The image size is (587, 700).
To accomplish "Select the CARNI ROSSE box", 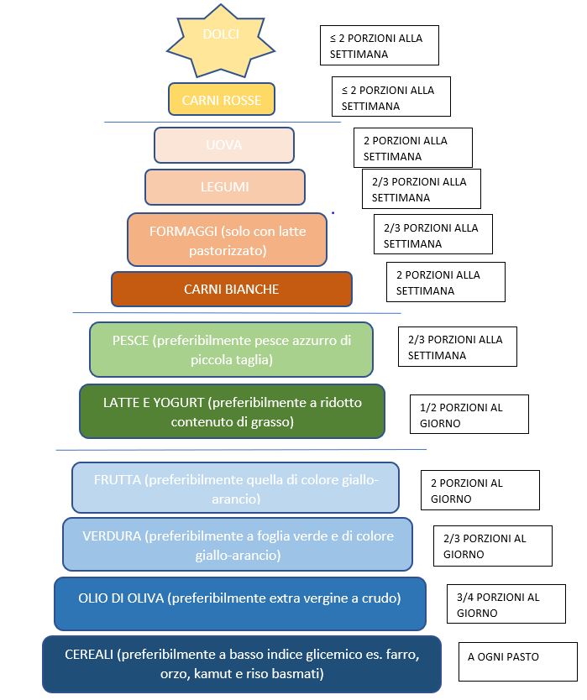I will point(222,100).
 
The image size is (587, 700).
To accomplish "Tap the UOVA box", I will point(224,145).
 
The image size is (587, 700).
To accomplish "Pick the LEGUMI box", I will point(224,187).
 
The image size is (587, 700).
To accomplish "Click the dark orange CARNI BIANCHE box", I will point(231,290).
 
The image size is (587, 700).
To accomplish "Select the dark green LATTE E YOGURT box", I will point(232,412).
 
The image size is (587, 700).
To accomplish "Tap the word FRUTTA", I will point(118,480).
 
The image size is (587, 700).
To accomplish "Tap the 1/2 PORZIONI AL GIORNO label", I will point(469,415).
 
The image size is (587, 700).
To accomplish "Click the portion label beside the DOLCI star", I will point(379,45).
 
